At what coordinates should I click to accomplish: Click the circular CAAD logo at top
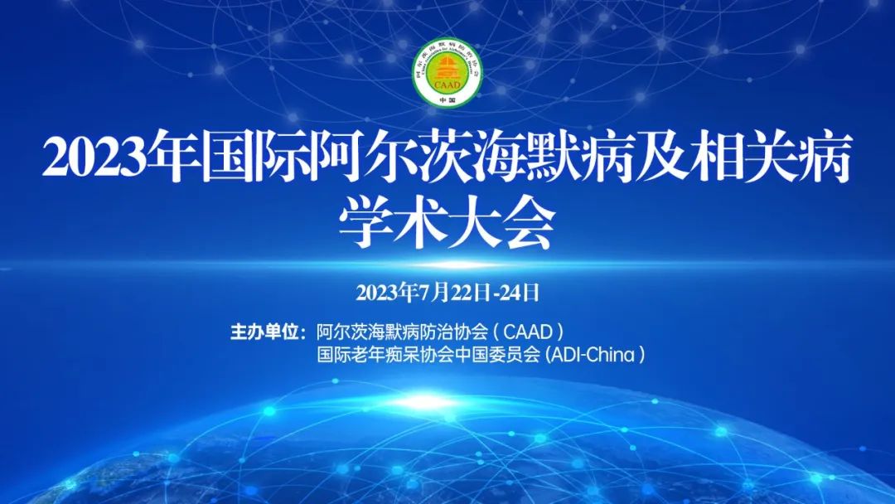tap(447, 72)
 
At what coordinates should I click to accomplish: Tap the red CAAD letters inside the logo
tap(447, 85)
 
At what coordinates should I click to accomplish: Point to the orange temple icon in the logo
tap(447, 69)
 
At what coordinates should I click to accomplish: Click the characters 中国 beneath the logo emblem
tap(447, 99)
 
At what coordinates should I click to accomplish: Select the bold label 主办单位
tap(265, 332)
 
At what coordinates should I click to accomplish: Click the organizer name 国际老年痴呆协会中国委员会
tap(428, 355)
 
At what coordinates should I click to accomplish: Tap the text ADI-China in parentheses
tap(595, 355)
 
